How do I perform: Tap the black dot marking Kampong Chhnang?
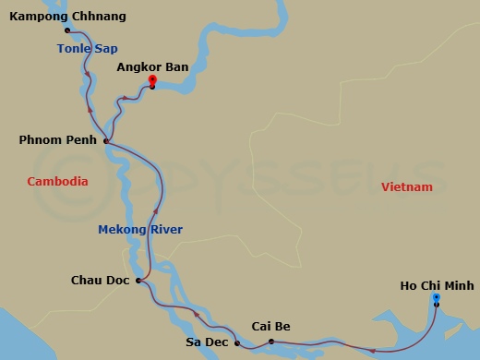(67, 30)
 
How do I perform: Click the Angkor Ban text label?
(151, 67)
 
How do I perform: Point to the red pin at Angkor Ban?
(152, 80)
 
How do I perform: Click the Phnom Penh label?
(58, 140)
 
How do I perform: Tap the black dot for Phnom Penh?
(107, 141)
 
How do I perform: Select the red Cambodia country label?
(57, 182)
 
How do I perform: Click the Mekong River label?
(140, 230)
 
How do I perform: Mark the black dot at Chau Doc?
(138, 280)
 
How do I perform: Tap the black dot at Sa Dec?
(237, 343)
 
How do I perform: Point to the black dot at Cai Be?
(270, 342)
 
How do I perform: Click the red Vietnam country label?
(406, 187)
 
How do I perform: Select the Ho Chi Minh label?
(437, 286)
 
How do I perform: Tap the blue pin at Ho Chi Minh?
(437, 298)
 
